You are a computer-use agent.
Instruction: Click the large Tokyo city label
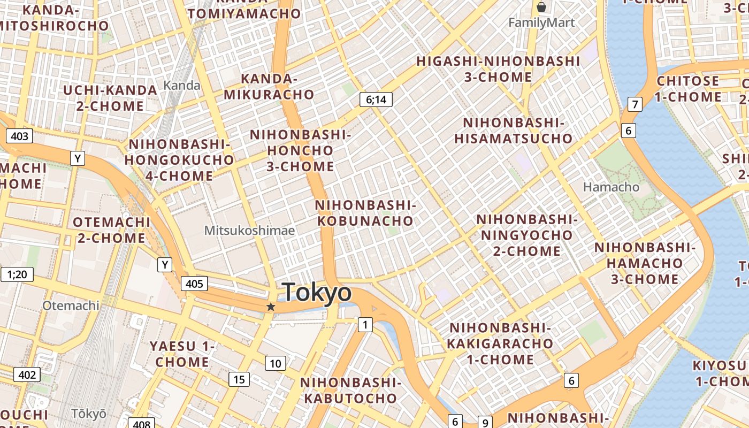coord(317,293)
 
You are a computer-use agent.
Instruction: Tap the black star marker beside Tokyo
coord(271,307)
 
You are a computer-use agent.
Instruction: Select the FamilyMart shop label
coord(541,22)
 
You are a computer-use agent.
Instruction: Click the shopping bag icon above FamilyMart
coord(541,7)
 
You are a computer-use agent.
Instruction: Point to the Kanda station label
coord(182,85)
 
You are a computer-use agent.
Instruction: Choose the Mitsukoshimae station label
coord(249,230)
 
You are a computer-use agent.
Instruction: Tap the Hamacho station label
coord(611,187)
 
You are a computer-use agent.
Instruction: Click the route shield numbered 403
coord(19,136)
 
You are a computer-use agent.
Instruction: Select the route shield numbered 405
coord(194,284)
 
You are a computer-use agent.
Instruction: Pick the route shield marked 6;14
coord(376,99)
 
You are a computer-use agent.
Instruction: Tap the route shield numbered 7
coord(635,104)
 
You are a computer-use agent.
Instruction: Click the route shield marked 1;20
coord(17,274)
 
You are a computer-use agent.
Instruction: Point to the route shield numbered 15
coord(239,379)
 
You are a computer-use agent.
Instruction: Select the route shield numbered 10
coord(276,364)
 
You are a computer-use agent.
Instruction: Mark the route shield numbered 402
coord(26,374)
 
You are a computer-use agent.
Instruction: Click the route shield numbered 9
coord(485,422)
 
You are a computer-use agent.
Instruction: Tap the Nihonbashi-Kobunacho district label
coord(365,213)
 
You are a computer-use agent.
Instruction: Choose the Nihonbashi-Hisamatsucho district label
coord(513,131)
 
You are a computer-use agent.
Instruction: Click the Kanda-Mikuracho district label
coord(269,87)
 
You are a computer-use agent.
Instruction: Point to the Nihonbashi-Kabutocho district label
coord(350,391)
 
